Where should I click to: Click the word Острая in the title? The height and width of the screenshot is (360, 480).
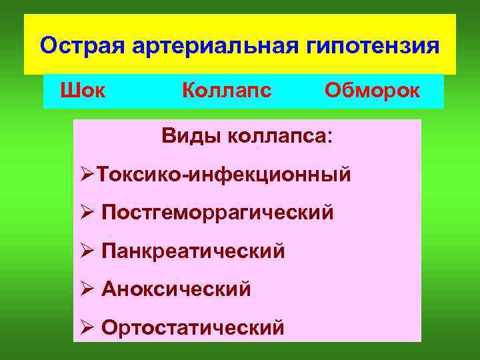point(79,47)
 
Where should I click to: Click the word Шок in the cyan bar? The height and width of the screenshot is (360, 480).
point(83,90)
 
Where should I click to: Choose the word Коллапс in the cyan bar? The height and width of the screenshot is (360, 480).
point(227,90)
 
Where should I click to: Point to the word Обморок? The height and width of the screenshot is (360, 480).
point(372,90)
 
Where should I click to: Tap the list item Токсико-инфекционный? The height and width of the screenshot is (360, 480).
point(223,175)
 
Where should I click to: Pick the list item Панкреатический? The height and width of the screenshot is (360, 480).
point(193,251)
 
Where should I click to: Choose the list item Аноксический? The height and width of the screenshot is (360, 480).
point(177,289)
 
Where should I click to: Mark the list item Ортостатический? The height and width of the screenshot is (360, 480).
point(193,328)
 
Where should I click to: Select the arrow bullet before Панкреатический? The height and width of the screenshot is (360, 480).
point(87,251)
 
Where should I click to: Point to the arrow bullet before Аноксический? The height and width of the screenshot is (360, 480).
point(87,289)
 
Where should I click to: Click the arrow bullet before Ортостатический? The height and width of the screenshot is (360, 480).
point(87,327)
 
